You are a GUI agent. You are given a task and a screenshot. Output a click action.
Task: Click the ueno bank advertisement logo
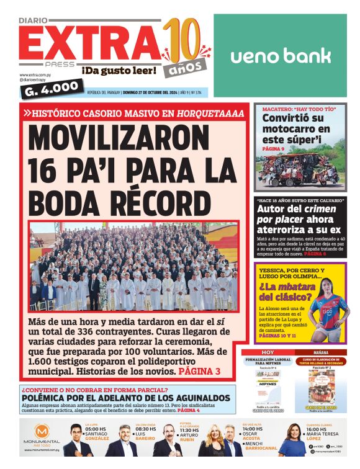click(x=281, y=56)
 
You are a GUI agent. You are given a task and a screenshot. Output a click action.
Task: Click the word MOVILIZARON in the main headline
click(x=128, y=136)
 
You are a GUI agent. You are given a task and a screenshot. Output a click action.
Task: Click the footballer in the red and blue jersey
click(x=326, y=310)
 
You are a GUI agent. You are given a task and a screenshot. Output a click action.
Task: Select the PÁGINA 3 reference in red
click(x=199, y=371)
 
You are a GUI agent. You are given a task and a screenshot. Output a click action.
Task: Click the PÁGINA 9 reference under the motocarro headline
click(x=274, y=150)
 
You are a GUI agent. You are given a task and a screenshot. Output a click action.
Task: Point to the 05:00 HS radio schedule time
click(x=97, y=429)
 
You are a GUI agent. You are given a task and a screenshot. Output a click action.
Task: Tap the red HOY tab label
click(x=268, y=352)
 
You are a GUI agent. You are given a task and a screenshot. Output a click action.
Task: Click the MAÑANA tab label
click(x=321, y=352)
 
